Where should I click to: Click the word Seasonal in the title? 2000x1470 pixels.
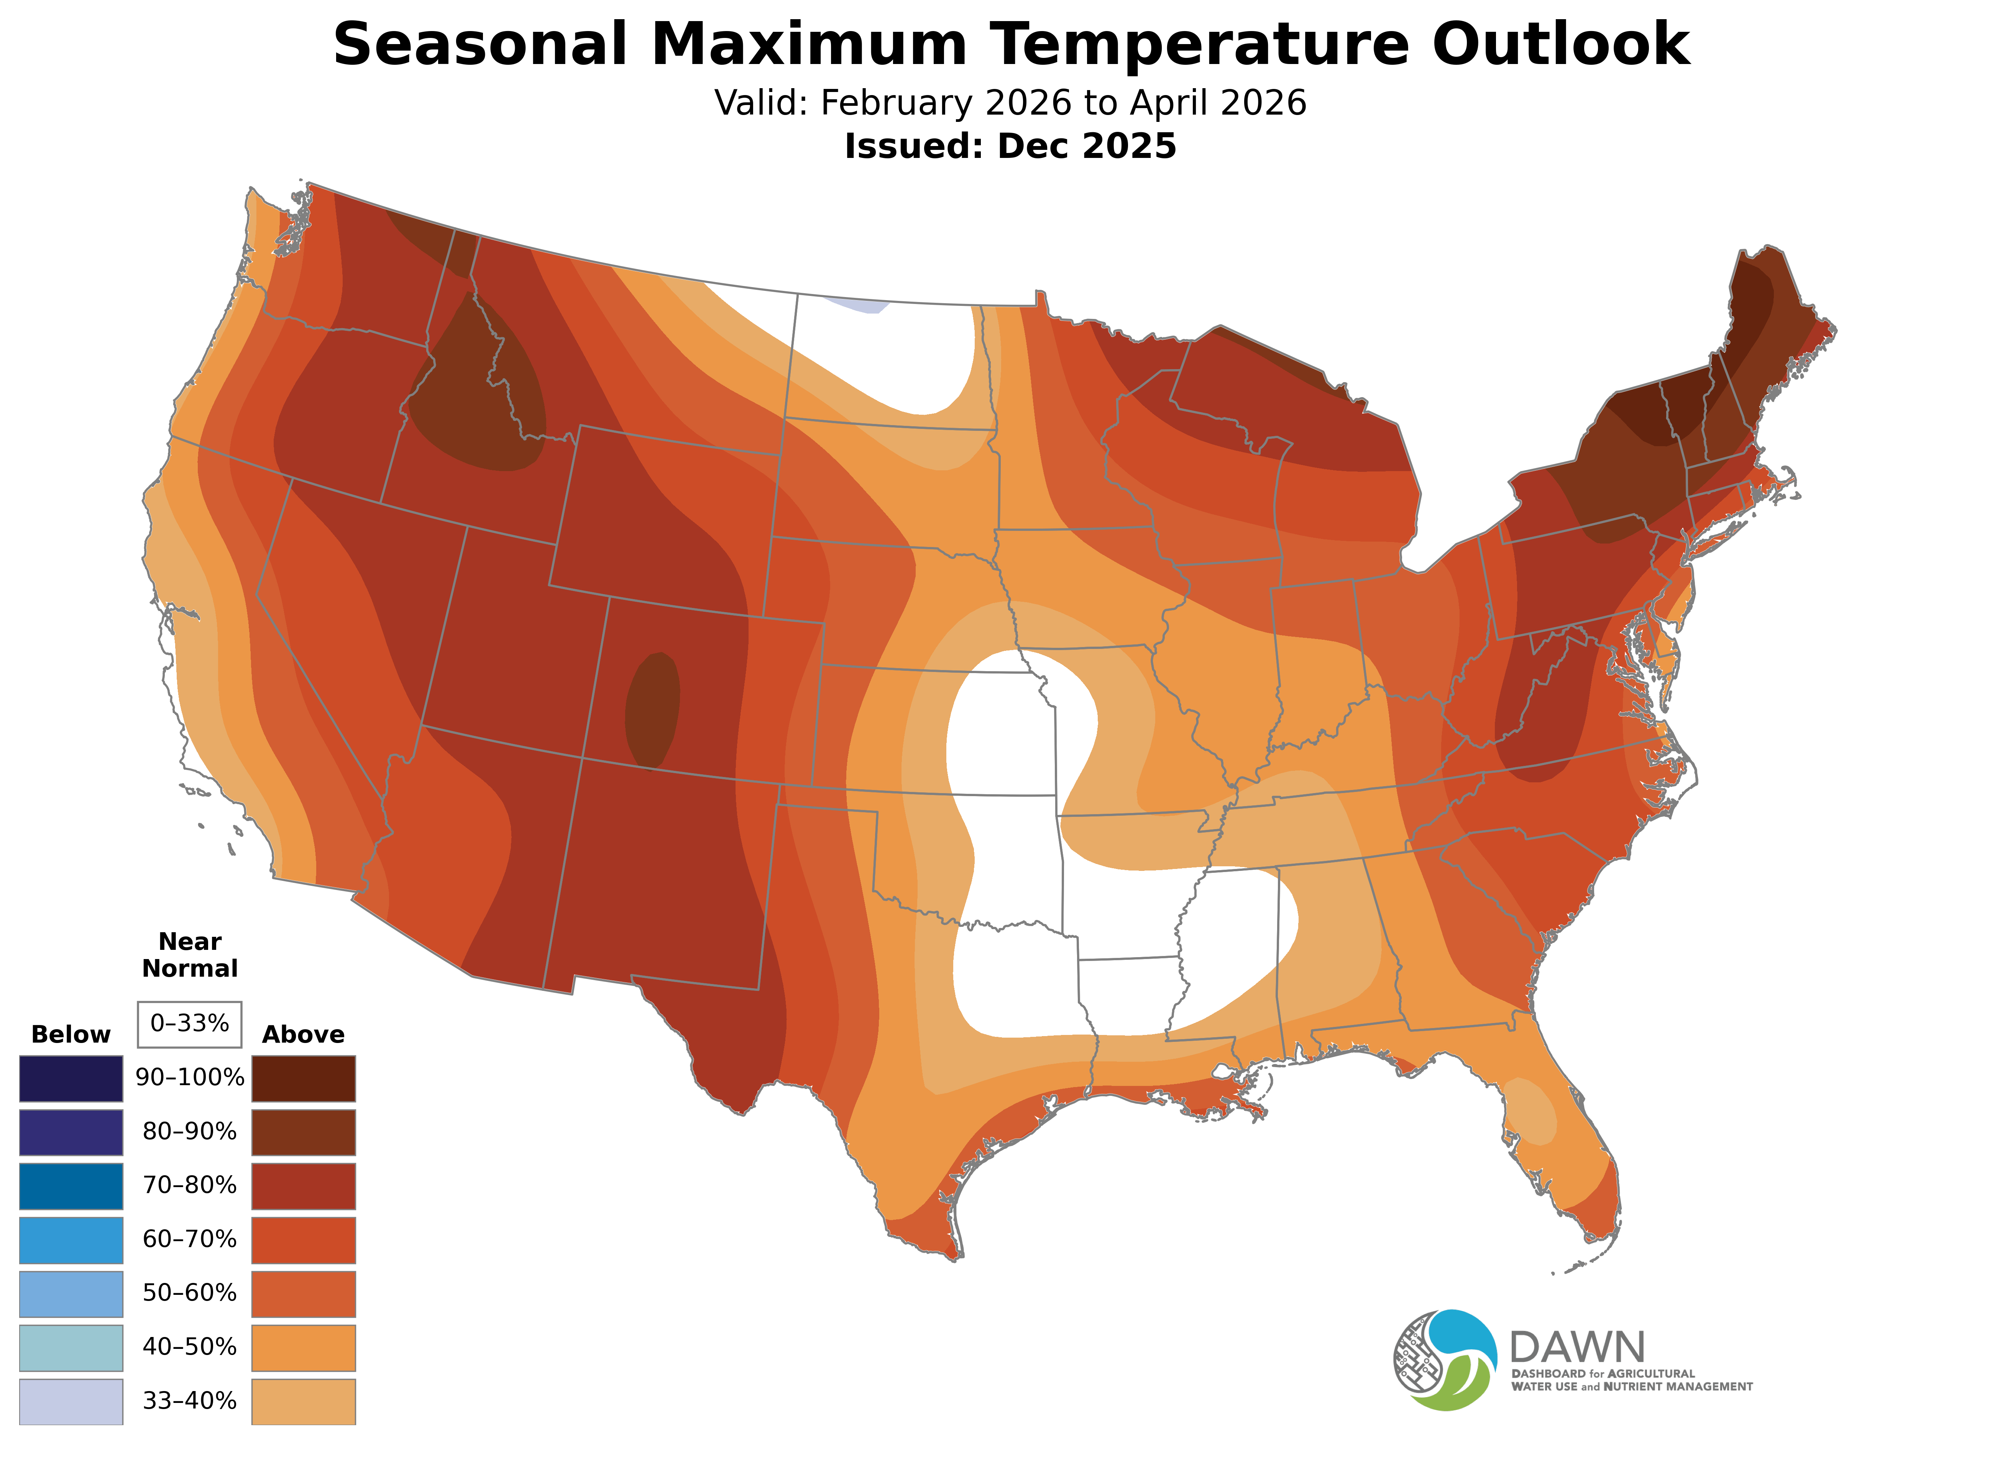click(x=480, y=44)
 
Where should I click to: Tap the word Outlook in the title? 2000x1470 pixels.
click(x=1562, y=44)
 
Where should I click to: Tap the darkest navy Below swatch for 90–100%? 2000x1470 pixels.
click(x=71, y=1079)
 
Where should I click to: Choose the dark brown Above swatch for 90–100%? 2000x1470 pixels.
click(x=304, y=1079)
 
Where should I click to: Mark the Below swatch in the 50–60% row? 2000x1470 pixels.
click(x=71, y=1294)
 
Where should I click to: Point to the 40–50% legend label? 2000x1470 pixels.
click(x=189, y=1347)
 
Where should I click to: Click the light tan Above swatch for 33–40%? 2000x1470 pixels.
click(x=304, y=1401)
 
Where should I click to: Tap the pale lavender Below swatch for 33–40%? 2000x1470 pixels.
click(x=71, y=1401)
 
